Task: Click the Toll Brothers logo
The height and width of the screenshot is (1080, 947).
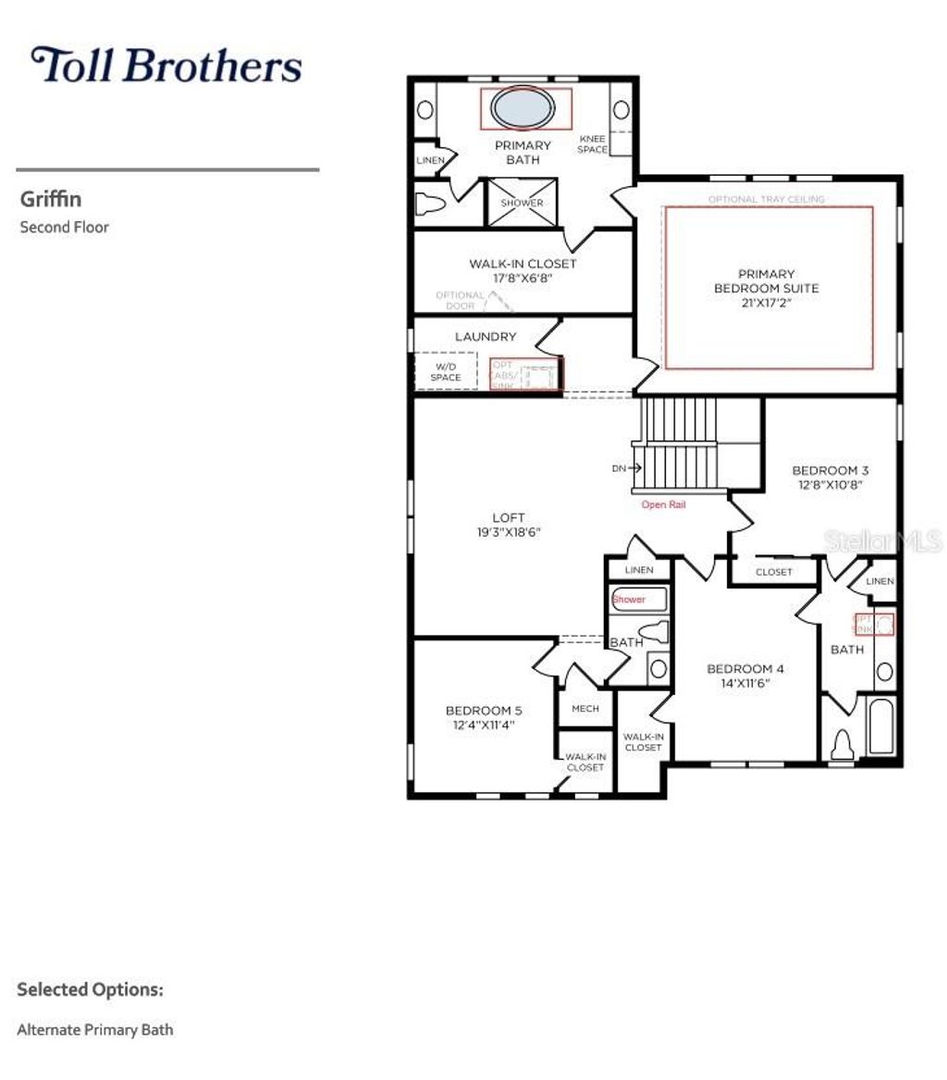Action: click(x=166, y=66)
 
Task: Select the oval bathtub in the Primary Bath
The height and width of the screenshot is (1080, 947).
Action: click(x=524, y=108)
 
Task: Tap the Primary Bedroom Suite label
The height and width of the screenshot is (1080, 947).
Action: click(x=766, y=280)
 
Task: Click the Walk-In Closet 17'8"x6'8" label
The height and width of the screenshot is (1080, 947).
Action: click(x=522, y=270)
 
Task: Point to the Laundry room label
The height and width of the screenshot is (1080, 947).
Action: click(x=485, y=337)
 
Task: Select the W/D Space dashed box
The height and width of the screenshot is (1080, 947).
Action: click(x=445, y=371)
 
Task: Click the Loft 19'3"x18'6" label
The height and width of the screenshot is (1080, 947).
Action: click(x=509, y=525)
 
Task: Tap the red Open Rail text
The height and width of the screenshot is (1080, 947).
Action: click(x=663, y=505)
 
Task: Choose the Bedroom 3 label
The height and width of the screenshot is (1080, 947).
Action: click(x=830, y=477)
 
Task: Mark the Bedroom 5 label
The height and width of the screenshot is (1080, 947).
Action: click(x=483, y=717)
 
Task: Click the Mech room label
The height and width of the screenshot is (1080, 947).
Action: click(x=584, y=709)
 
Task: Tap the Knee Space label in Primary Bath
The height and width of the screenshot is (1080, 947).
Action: click(x=593, y=144)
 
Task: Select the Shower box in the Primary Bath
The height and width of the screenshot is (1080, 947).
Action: click(x=522, y=203)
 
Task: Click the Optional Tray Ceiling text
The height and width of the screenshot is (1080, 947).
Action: click(x=766, y=199)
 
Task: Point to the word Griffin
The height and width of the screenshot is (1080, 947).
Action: click(x=51, y=199)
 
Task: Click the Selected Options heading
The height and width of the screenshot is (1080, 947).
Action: click(x=90, y=989)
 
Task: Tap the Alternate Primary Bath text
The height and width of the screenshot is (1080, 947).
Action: click(x=95, y=1029)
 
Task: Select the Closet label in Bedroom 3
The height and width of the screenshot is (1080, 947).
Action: click(x=773, y=572)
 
